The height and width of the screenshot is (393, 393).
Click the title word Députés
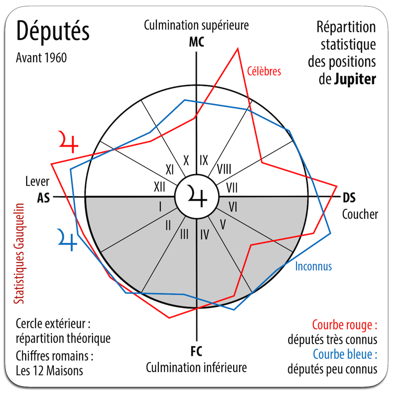53,31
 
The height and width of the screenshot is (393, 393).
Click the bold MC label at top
196,42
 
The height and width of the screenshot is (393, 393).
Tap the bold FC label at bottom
196,352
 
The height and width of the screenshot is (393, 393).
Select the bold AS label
44,198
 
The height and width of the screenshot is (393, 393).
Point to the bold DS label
349,198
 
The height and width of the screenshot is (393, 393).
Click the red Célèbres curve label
264,71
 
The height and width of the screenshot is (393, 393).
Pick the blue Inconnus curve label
313,266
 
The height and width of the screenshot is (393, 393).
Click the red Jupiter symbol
68,141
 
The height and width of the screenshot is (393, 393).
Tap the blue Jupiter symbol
67,240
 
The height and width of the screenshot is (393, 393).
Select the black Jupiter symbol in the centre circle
197,196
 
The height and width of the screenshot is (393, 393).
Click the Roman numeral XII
159,187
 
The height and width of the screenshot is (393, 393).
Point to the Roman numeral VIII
224,169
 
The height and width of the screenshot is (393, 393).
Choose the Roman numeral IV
204,235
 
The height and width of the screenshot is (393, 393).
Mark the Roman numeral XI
170,170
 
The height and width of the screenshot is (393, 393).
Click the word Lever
38,182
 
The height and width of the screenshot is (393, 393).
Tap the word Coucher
360,214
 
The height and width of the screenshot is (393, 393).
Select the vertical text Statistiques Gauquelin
19,254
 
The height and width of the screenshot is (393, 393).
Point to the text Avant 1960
41,58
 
